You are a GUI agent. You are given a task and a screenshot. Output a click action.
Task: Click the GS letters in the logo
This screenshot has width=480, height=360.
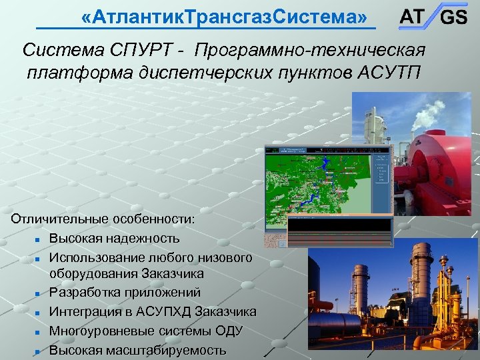453,18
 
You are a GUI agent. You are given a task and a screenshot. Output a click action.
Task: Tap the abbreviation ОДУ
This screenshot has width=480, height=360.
229,331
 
